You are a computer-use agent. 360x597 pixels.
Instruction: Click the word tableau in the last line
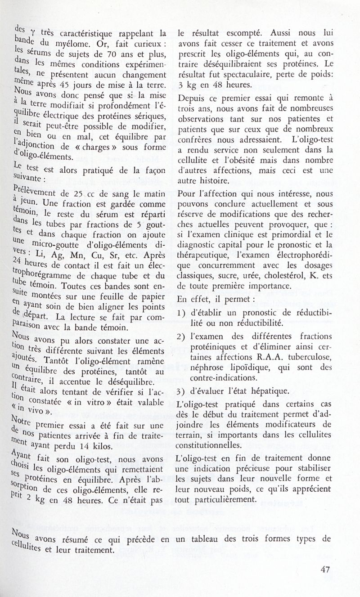click(210, 539)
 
